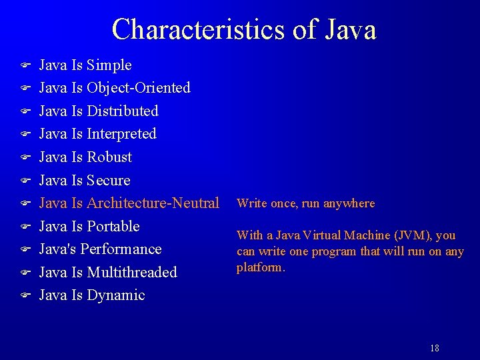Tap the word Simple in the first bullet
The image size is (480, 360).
[109, 65]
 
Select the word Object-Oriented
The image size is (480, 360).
[139, 88]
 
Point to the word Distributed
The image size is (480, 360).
[123, 111]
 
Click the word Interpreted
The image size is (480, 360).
[121, 134]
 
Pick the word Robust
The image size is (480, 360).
[109, 157]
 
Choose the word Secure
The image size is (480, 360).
[109, 181]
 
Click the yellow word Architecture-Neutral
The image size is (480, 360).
[153, 203]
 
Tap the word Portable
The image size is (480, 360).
[113, 227]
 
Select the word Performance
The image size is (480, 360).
[125, 249]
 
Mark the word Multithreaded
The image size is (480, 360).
[132, 273]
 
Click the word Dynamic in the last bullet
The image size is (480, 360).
[116, 295]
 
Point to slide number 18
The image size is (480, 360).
[435, 348]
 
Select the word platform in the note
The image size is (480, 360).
[260, 268]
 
